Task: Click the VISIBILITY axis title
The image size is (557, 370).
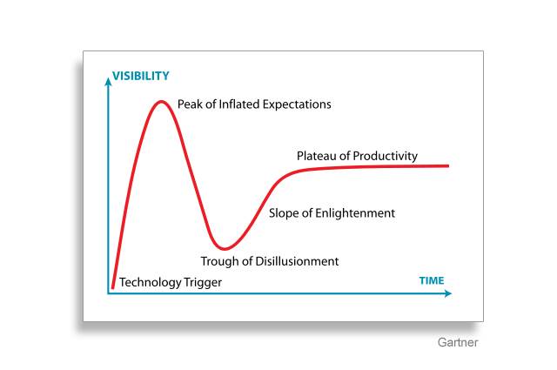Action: coord(141,76)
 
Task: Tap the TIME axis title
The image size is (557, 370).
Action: coord(432,281)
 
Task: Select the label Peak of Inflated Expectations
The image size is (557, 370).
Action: coord(254,104)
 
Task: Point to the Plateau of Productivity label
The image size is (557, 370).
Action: coord(357,156)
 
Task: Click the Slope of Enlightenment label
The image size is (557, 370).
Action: coord(332,213)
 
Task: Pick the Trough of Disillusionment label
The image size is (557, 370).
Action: coord(270,261)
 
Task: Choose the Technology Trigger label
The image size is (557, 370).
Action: coord(171,283)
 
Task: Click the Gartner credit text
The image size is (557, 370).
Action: coord(458,342)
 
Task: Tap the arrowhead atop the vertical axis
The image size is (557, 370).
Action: coord(108,81)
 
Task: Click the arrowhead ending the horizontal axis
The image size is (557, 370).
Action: coord(448,293)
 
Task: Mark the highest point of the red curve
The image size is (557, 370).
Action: coord(161,102)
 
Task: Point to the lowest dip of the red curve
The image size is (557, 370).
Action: coord(224,248)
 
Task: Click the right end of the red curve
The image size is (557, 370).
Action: coord(448,165)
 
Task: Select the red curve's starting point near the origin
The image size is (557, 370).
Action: coord(112,286)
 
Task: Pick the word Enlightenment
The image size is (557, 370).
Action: coord(355,213)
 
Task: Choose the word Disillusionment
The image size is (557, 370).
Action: coord(297,261)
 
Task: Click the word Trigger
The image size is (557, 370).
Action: coord(203,283)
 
